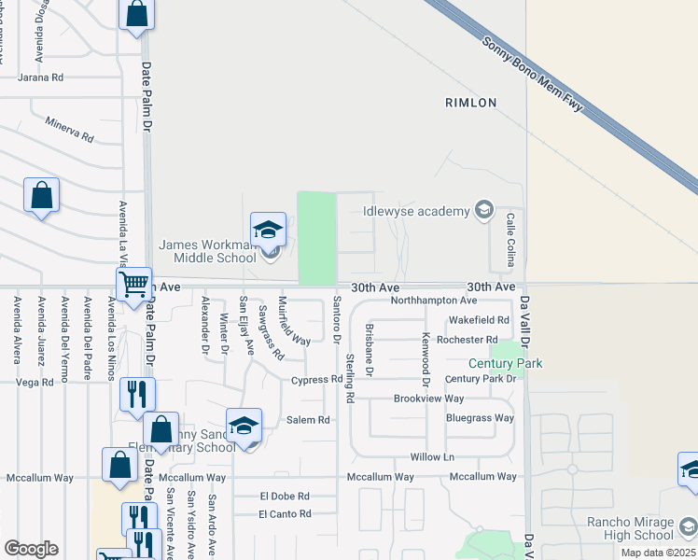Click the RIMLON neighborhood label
[x=470, y=103]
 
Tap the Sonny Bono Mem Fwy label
[x=533, y=75]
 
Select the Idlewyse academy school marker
[x=483, y=210]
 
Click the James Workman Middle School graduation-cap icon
[x=268, y=229]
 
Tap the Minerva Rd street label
[x=70, y=130]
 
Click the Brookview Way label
[x=428, y=399]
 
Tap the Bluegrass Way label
[x=480, y=418]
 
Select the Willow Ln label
[x=432, y=457]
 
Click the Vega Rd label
[x=35, y=383]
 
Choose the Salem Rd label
[x=309, y=420]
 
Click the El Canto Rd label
[x=284, y=513]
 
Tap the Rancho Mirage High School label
[x=630, y=528]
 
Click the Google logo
[x=31, y=549]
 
